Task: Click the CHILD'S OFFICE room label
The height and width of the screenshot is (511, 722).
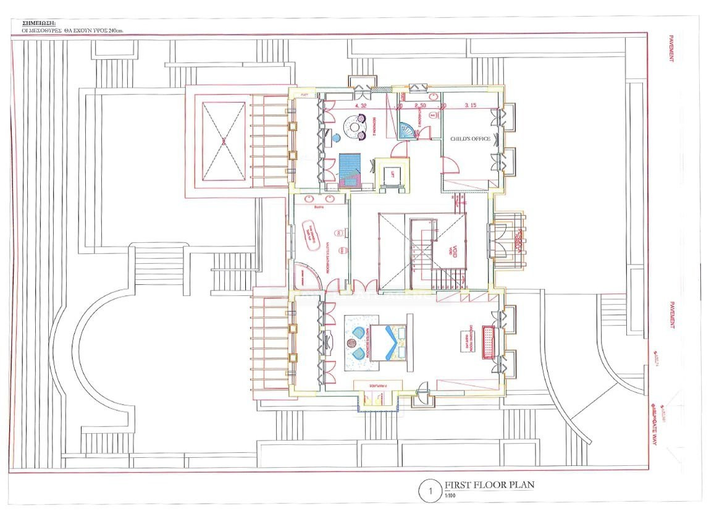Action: click(470, 139)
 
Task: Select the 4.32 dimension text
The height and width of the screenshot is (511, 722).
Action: click(361, 106)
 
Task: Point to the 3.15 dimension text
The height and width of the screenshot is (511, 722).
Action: click(471, 106)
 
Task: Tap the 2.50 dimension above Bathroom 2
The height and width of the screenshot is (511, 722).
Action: click(421, 106)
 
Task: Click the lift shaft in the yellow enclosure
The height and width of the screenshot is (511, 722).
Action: click(389, 174)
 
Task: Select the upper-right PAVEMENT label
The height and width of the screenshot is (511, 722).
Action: click(671, 48)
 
